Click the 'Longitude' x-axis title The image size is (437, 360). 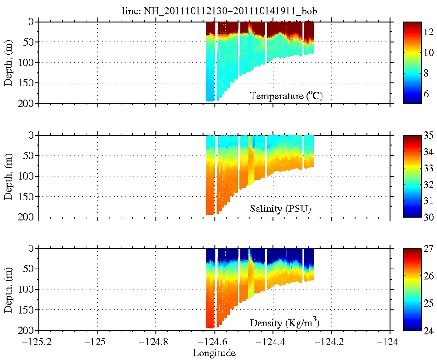click(214, 353)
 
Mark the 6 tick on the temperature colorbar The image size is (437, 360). click(426, 93)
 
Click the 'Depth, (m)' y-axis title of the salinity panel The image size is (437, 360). click(8, 176)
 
